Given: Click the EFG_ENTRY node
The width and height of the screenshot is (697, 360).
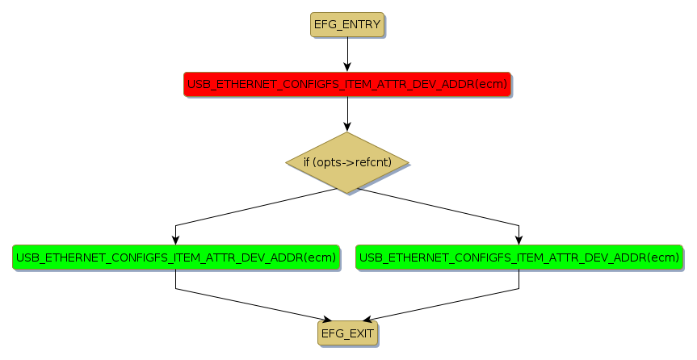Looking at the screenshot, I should (x=346, y=24).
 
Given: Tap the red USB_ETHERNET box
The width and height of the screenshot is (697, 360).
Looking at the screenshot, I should (x=346, y=84).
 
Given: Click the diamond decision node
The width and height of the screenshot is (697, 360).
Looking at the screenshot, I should (x=347, y=162).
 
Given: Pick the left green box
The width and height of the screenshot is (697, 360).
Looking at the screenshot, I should (x=175, y=257).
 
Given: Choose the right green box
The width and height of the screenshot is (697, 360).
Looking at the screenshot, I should (x=519, y=257).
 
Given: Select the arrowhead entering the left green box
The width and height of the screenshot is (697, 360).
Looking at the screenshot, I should (x=175, y=239).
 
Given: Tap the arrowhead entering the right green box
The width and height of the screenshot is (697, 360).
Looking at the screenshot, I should (x=519, y=239).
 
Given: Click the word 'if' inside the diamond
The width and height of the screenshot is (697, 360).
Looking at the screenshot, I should (x=307, y=163).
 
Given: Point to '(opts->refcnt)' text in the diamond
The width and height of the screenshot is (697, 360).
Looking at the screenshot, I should (x=352, y=163).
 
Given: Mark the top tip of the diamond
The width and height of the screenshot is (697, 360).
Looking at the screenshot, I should (x=347, y=133).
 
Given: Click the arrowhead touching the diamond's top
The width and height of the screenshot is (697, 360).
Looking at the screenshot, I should (x=347, y=127).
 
